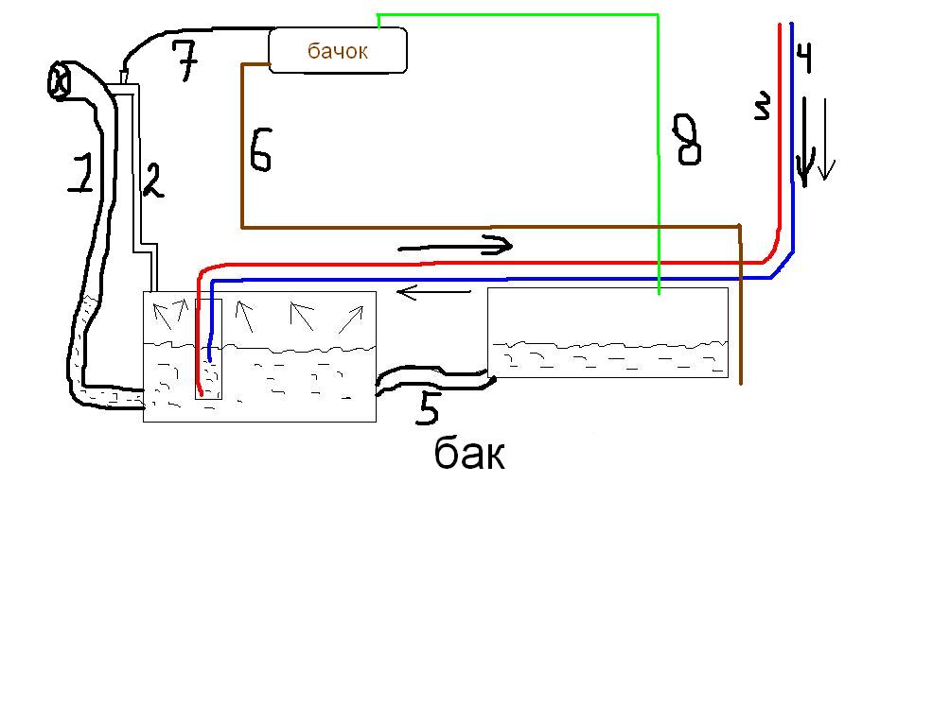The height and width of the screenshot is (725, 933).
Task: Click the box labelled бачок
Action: click(x=338, y=50)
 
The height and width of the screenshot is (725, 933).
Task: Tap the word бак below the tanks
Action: click(x=469, y=454)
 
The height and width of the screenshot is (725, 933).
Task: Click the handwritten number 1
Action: click(x=83, y=170)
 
